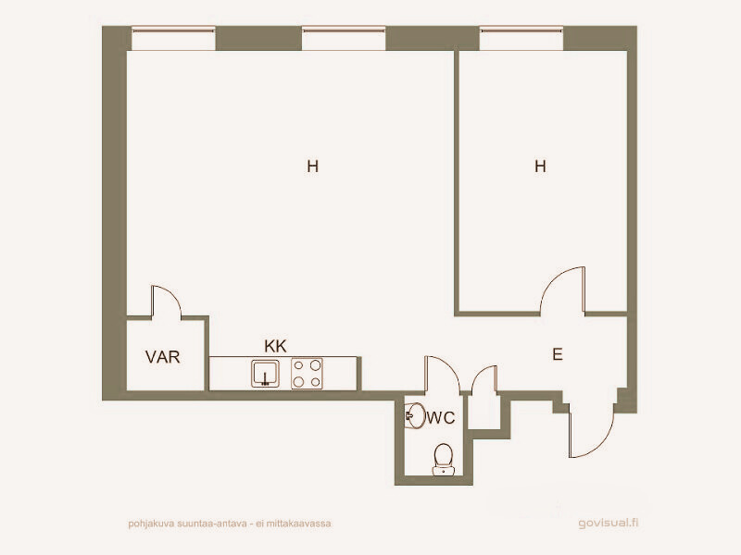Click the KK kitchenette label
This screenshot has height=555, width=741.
tap(275, 346)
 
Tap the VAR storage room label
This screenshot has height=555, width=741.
tap(163, 357)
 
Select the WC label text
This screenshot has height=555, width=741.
tap(441, 418)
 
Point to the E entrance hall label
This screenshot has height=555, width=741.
tap(558, 354)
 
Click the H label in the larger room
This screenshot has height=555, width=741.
tap(312, 166)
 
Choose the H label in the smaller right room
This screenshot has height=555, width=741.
tap(540, 166)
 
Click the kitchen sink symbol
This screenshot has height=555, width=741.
tap(265, 374)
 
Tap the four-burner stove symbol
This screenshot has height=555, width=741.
tap(307, 374)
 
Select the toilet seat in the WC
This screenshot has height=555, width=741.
tap(444, 459)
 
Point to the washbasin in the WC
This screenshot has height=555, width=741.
tap(415, 415)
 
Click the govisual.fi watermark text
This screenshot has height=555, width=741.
tap(609, 523)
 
